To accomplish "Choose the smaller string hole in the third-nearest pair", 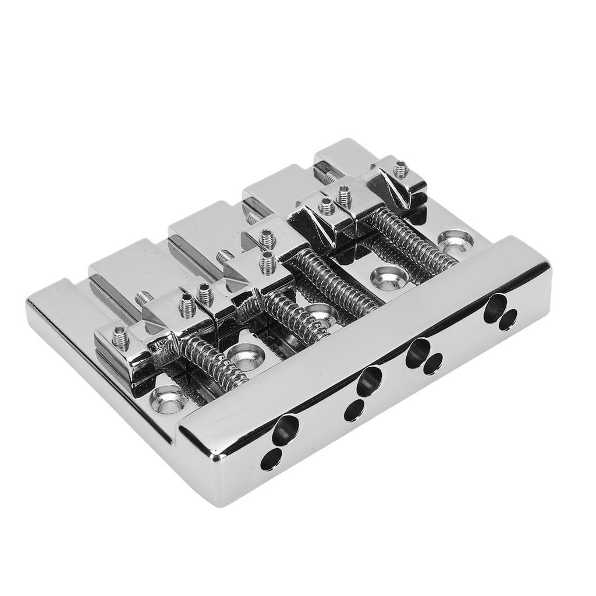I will tap(432, 365).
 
